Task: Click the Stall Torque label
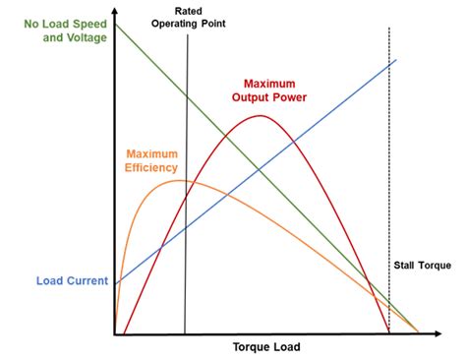tap(422, 266)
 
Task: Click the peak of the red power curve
tap(260, 116)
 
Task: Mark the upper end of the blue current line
tap(396, 60)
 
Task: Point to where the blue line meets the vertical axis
tap(116, 284)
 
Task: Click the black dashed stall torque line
tap(389, 177)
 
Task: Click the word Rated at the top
tap(185, 11)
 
